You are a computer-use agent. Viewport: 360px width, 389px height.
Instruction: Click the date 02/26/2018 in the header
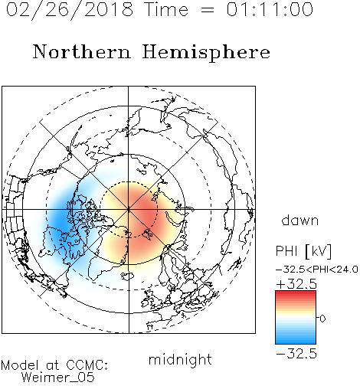(70, 10)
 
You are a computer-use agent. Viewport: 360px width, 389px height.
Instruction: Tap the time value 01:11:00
(270, 9)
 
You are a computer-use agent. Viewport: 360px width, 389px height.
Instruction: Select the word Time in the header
(166, 9)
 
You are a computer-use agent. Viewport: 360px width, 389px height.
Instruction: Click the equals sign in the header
(208, 10)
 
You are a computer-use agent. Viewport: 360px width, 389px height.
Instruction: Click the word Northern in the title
(82, 51)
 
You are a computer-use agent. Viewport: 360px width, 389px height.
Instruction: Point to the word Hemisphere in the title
(206, 53)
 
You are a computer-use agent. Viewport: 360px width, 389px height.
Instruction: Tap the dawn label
(300, 220)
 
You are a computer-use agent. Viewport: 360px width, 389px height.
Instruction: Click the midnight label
(180, 360)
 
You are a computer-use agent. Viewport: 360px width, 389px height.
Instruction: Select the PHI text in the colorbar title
(286, 251)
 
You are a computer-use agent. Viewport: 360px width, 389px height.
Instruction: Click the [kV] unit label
(319, 251)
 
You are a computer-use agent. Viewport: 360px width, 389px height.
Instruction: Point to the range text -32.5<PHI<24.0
(316, 270)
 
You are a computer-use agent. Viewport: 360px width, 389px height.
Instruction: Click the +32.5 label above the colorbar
(296, 284)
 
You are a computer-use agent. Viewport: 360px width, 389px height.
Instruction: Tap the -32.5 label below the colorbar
(296, 354)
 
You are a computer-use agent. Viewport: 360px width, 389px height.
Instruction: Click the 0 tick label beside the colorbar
(322, 319)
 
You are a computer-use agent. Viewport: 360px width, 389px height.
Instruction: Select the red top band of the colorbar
(296, 294)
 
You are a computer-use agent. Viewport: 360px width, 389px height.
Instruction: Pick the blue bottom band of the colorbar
(296, 341)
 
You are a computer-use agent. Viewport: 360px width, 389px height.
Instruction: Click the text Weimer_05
(58, 378)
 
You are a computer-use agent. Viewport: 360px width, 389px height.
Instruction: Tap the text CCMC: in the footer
(87, 365)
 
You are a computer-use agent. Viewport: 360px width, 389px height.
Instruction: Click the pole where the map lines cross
(129, 209)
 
